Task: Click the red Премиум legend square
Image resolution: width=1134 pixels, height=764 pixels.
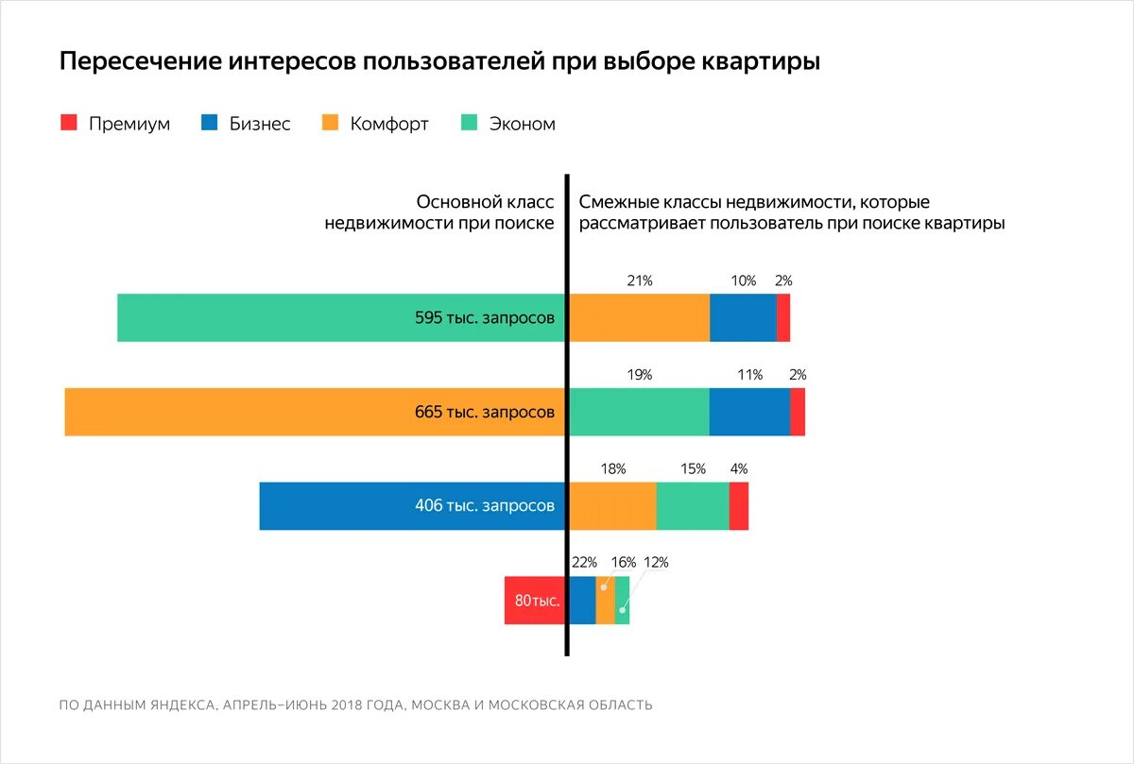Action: click(x=68, y=123)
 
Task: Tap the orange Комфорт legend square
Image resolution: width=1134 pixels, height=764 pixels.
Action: click(x=330, y=123)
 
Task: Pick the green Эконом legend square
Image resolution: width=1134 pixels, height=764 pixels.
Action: click(x=469, y=123)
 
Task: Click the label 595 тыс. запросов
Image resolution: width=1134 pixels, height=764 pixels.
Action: click(x=485, y=318)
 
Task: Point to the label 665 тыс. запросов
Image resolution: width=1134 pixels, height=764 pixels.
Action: click(x=485, y=413)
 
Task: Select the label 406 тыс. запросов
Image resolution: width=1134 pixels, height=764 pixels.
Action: click(x=485, y=506)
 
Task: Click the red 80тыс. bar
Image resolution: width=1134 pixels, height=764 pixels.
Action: click(x=535, y=601)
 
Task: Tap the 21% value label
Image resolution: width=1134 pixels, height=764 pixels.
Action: click(x=639, y=280)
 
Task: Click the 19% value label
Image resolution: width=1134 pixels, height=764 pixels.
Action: click(x=639, y=375)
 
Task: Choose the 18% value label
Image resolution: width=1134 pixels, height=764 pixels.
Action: click(x=612, y=468)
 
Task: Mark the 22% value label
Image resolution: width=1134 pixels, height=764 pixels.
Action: click(x=584, y=563)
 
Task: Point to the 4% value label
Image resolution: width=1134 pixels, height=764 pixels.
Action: click(x=739, y=468)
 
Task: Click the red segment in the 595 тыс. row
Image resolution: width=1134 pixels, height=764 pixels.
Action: click(x=783, y=317)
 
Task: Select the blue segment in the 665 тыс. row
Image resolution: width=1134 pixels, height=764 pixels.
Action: click(x=749, y=412)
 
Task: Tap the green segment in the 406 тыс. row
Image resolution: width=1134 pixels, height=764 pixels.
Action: click(x=693, y=506)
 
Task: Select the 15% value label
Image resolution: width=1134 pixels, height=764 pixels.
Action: click(x=693, y=468)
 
